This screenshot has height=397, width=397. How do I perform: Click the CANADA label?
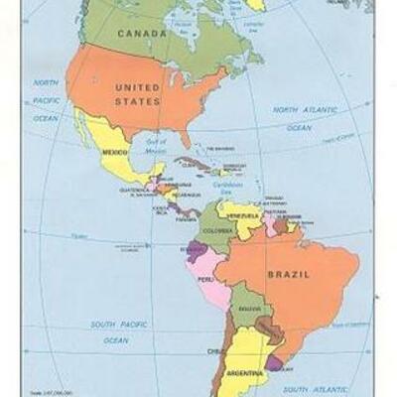tap(143, 34)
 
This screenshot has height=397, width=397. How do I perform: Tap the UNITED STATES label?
tap(137, 93)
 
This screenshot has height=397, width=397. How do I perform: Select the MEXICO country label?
tap(115, 152)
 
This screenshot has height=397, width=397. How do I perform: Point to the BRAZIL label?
tap(287, 272)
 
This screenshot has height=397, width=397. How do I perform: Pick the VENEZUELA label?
tap(242, 215)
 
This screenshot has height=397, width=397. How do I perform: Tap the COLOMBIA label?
tap(218, 231)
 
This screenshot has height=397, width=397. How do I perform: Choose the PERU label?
tap(206, 279)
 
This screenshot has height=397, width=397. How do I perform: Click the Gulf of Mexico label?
tap(157, 147)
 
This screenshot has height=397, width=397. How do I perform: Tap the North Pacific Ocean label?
tap(46, 99)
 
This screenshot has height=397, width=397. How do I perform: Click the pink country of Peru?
tap(210, 268)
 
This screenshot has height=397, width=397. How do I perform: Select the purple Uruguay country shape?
tap(274, 363)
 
